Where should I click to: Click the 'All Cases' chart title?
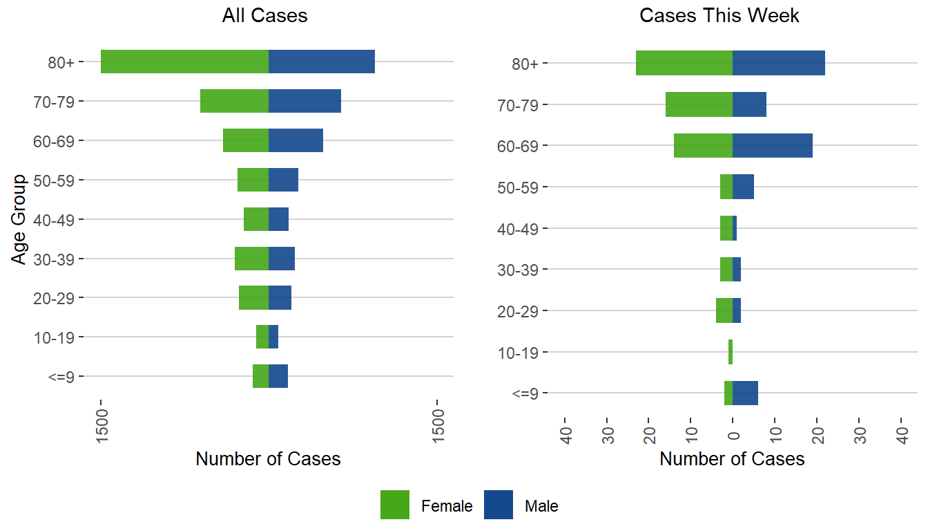point(264,16)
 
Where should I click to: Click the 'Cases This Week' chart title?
point(719,16)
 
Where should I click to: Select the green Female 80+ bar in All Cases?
point(184,62)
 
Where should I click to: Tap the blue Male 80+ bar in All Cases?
point(322,62)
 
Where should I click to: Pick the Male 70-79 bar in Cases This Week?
point(749,104)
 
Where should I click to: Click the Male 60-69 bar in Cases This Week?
point(773,145)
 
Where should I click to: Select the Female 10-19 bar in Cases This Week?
point(731,352)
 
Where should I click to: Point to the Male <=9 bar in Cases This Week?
point(745,393)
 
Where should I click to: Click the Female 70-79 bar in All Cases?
point(234,101)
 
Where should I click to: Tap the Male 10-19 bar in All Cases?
point(273,337)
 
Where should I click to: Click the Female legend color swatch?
point(395,505)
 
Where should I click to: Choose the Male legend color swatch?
point(499,505)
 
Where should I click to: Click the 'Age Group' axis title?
point(19,219)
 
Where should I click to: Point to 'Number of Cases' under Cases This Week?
point(732,459)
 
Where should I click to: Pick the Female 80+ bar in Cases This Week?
point(684,63)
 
